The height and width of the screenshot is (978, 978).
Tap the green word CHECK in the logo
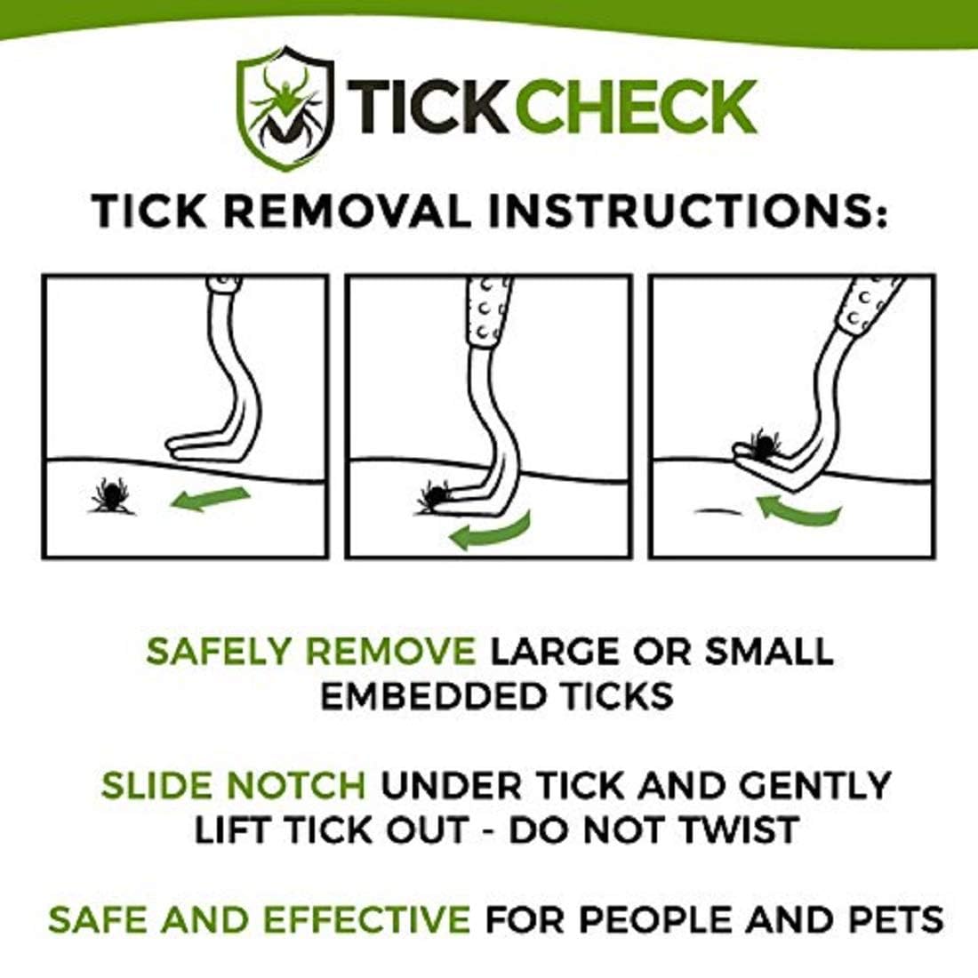pyautogui.click(x=636, y=108)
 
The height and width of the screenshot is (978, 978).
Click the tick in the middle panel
pyautogui.click(x=436, y=496)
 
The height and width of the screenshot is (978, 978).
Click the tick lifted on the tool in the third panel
pyautogui.click(x=763, y=442)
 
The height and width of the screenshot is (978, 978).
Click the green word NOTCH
pyautogui.click(x=297, y=786)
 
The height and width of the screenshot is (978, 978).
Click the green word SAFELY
pyautogui.click(x=221, y=652)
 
